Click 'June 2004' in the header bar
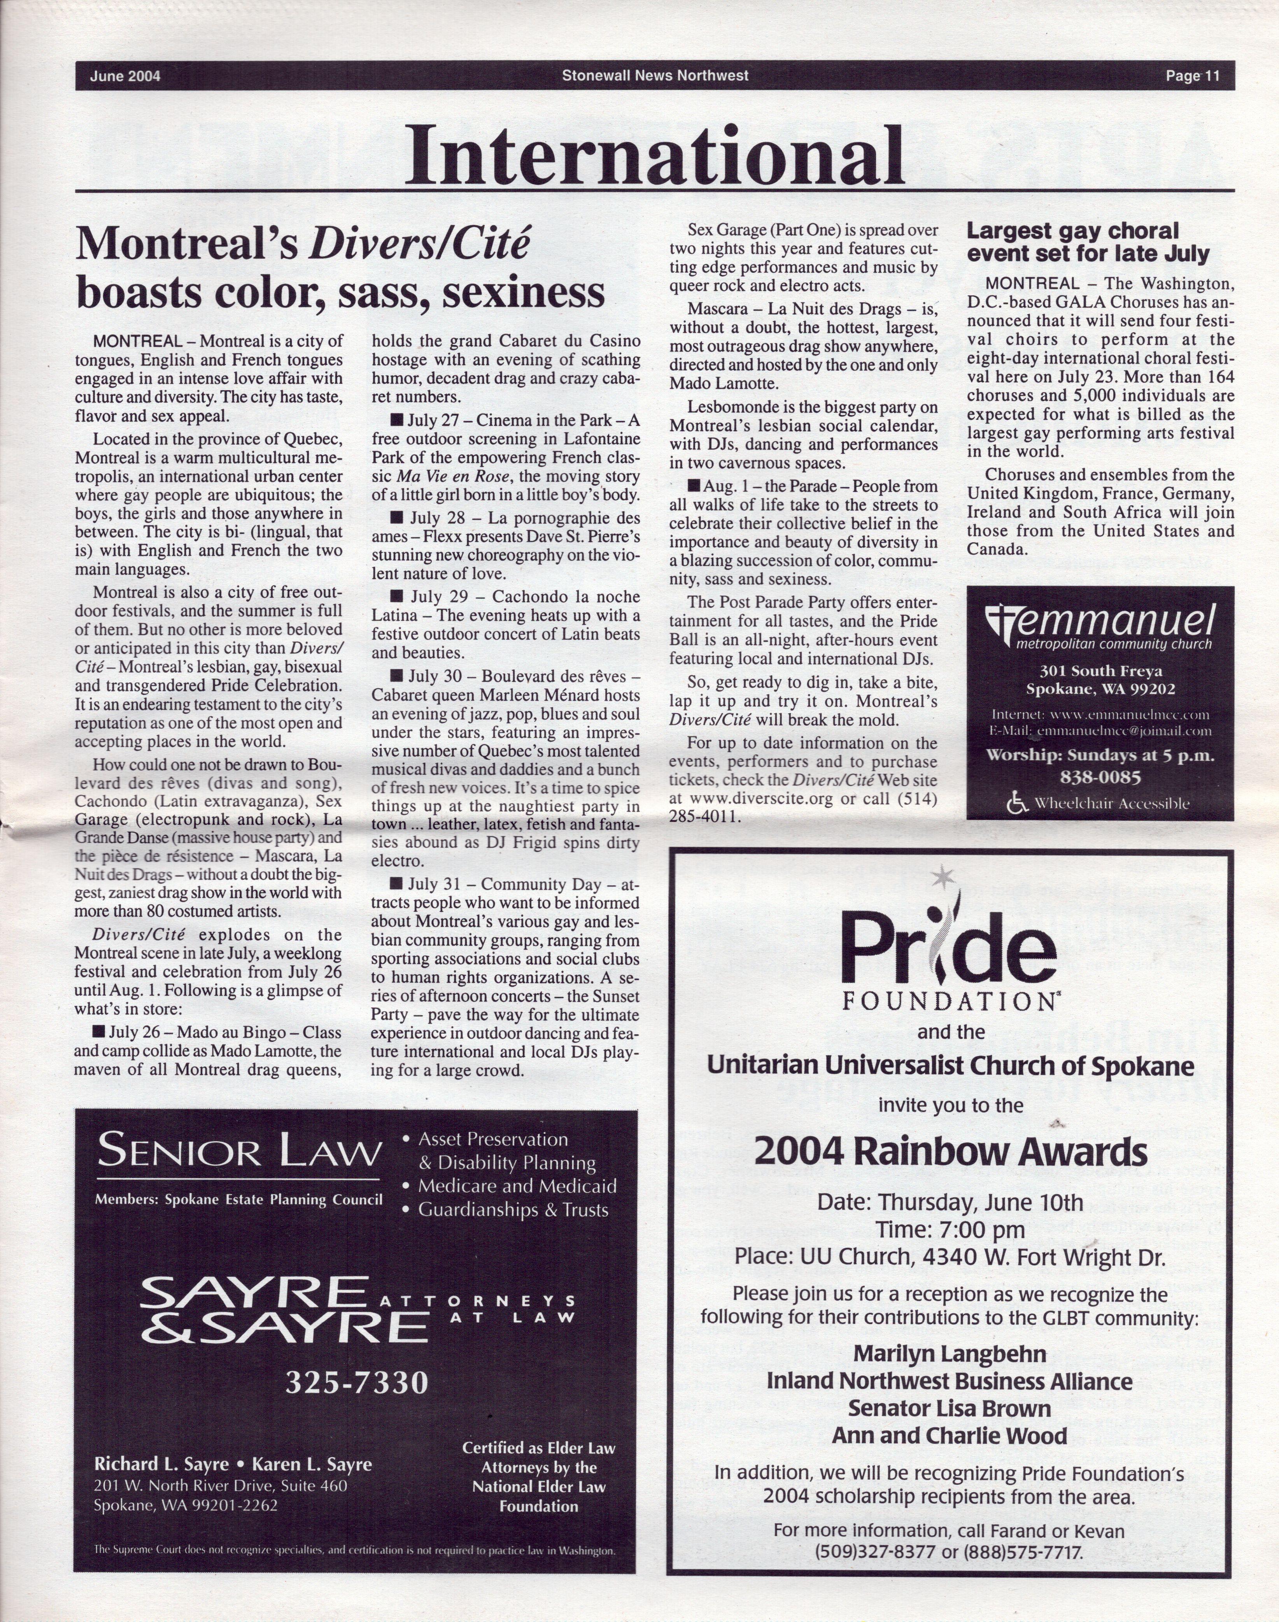tap(125, 75)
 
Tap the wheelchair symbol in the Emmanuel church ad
tap(1017, 804)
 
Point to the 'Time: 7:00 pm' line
tap(950, 1229)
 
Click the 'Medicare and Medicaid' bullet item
tap(517, 1186)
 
